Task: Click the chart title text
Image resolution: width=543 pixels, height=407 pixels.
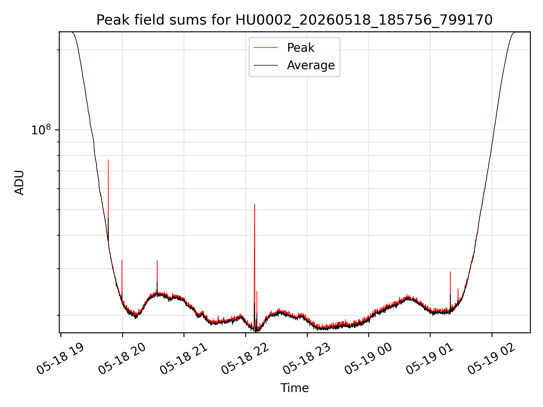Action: [x=294, y=20]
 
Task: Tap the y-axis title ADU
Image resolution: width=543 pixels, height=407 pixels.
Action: [x=19, y=182]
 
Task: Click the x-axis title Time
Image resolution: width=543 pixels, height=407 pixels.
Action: [x=294, y=388]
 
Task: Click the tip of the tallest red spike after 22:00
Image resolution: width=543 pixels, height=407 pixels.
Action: [x=255, y=204]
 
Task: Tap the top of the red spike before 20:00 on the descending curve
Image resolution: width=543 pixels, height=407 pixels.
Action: [x=108, y=160]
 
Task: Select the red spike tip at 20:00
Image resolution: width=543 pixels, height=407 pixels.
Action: [x=122, y=259]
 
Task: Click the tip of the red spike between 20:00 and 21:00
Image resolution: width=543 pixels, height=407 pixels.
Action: [x=157, y=261]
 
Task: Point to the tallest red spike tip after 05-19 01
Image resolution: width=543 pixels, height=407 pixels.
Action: [x=450, y=272]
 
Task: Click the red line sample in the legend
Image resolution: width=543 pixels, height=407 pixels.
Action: [x=266, y=48]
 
